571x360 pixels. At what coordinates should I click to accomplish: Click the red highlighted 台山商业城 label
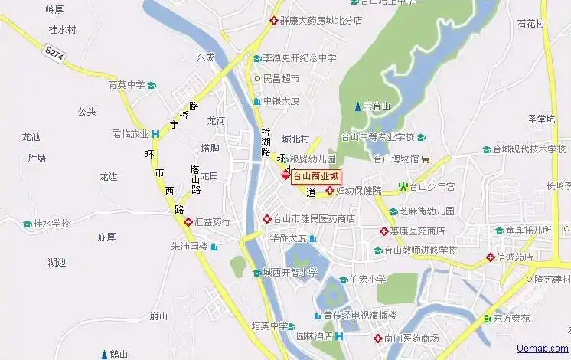click(x=316, y=176)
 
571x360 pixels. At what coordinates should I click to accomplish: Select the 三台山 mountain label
click(x=377, y=106)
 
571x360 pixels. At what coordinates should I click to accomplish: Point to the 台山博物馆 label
click(x=396, y=159)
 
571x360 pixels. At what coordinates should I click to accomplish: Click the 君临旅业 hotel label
click(x=130, y=133)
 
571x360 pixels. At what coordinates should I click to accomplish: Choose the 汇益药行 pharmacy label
click(x=213, y=222)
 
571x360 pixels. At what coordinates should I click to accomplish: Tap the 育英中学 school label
click(x=126, y=85)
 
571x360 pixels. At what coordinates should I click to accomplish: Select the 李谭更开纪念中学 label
click(x=299, y=57)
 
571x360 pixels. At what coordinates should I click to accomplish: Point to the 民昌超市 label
click(x=281, y=78)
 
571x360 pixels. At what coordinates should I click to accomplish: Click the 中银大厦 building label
click(x=281, y=100)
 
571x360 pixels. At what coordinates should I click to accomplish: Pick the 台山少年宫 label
click(x=432, y=186)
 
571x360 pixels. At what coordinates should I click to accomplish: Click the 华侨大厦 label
click(x=288, y=238)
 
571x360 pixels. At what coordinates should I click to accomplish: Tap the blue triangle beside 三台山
click(x=357, y=106)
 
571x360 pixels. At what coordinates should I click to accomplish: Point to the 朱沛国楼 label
click(x=189, y=247)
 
